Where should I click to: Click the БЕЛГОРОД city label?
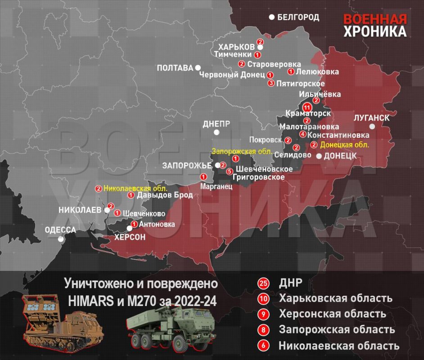(298, 18)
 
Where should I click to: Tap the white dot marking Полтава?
(198, 67)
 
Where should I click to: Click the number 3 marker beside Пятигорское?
(271, 83)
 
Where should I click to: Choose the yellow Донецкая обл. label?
(344, 145)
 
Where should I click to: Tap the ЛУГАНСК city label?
(372, 118)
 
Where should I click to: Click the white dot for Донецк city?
(319, 156)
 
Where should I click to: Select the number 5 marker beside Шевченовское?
(230, 171)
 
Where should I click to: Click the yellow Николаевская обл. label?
(135, 189)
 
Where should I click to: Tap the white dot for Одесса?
(62, 239)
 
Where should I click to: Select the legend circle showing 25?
(263, 283)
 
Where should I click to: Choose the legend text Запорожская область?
(337, 329)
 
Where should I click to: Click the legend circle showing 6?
(263, 346)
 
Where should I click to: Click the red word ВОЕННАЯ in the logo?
(375, 19)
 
